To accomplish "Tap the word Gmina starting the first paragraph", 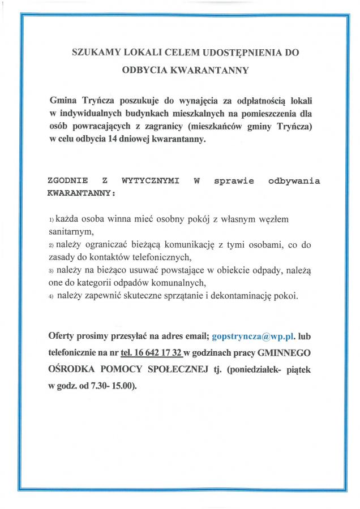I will coord(63,101).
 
